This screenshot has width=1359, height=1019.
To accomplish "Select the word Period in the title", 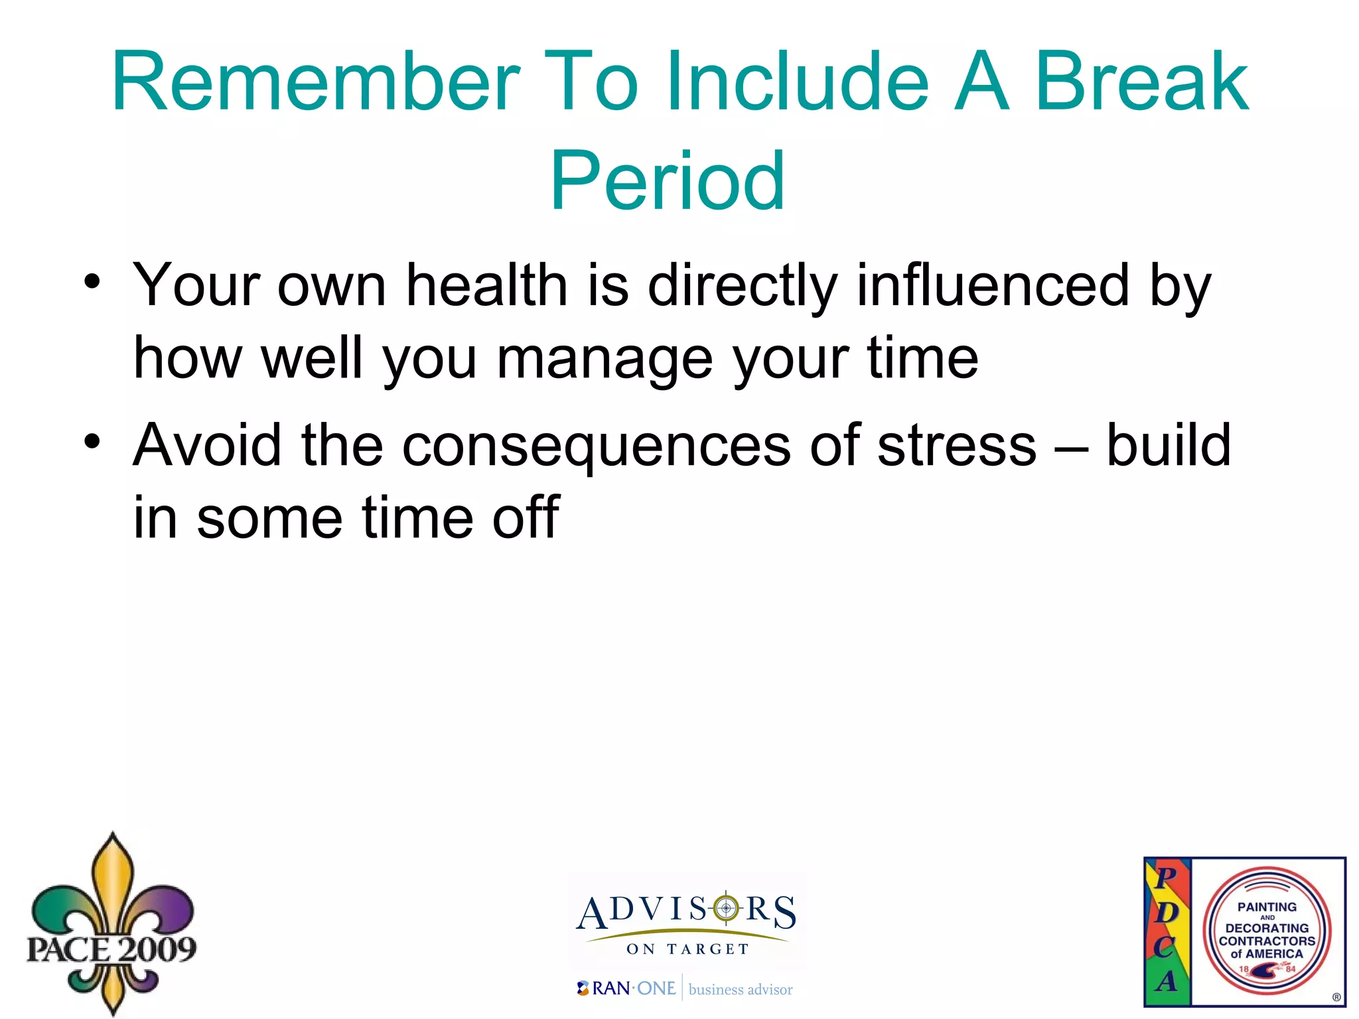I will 668,180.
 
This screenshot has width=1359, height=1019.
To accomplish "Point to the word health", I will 486,285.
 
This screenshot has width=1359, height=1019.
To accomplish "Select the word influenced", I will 993,285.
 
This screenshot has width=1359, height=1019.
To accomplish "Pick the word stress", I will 956,446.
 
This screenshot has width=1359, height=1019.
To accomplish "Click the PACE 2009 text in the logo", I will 111,949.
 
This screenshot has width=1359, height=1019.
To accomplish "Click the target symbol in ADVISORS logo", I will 726,908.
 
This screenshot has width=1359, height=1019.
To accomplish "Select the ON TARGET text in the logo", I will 687,949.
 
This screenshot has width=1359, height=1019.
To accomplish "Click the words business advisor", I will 741,990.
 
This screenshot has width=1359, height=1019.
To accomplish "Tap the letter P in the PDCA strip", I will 1166,877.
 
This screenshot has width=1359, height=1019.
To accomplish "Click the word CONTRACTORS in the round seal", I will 1267,941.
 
